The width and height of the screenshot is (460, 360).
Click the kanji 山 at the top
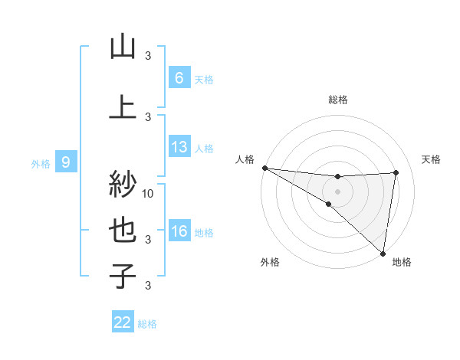pyautogui.click(x=123, y=47)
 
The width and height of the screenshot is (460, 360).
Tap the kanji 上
pyautogui.click(x=123, y=106)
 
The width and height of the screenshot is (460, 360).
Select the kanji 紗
pyautogui.click(x=123, y=185)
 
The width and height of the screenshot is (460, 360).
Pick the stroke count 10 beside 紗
pyautogui.click(x=149, y=193)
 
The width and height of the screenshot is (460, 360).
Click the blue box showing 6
pyautogui.click(x=179, y=78)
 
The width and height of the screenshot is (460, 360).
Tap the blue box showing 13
pyautogui.click(x=179, y=148)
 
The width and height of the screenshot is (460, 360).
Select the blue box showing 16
pyautogui.click(x=179, y=231)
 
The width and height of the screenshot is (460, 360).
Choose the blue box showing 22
pyautogui.click(x=123, y=322)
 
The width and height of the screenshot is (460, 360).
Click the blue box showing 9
pyautogui.click(x=66, y=162)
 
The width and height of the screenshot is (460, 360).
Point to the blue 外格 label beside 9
pyautogui.click(x=41, y=163)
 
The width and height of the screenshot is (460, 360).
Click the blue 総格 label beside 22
pyautogui.click(x=148, y=323)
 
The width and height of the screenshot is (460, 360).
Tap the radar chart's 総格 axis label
pyautogui.click(x=337, y=100)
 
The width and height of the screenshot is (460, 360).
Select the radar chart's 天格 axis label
pyautogui.click(x=432, y=159)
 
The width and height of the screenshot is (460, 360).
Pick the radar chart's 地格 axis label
pyautogui.click(x=402, y=262)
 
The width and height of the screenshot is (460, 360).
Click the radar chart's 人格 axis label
pyautogui.click(x=245, y=159)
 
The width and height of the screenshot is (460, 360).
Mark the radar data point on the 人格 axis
pyautogui.click(x=264, y=168)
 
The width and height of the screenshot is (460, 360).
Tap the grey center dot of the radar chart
pyautogui.click(x=337, y=191)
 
